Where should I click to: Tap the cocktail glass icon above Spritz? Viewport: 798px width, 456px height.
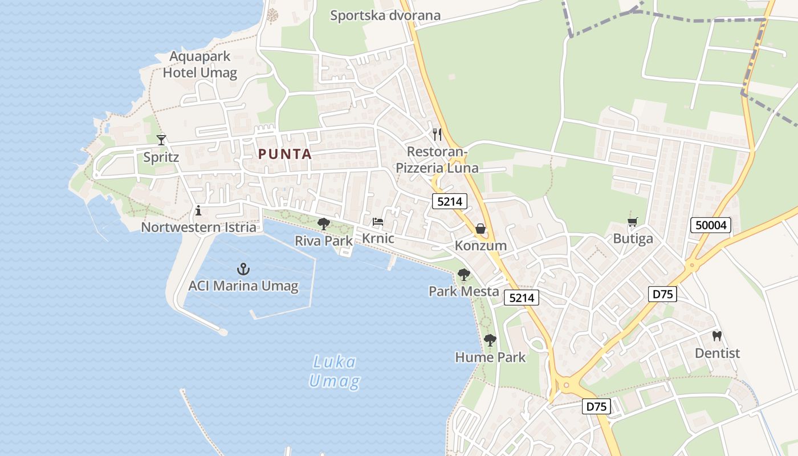pyautogui.click(x=161, y=140)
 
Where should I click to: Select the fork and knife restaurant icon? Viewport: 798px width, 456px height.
pyautogui.click(x=437, y=135)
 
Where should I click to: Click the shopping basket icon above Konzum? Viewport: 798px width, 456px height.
pyautogui.click(x=481, y=229)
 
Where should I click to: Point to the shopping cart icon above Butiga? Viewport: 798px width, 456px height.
pyautogui.click(x=632, y=222)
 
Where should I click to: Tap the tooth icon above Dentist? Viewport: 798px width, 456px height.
pyautogui.click(x=717, y=336)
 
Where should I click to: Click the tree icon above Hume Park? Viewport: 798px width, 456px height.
pyautogui.click(x=490, y=340)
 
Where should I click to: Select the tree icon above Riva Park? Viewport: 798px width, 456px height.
pyautogui.click(x=324, y=223)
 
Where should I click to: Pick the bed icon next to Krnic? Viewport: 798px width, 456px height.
pyautogui.click(x=377, y=222)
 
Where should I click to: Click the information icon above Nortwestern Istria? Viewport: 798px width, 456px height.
pyautogui.click(x=198, y=210)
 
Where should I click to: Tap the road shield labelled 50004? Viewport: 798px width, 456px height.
pyautogui.click(x=711, y=225)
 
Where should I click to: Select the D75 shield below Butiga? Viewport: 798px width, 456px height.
pyautogui.click(x=663, y=294)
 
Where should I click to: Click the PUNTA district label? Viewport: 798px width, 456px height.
pyautogui.click(x=285, y=154)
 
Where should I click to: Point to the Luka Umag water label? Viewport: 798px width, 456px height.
pyautogui.click(x=334, y=371)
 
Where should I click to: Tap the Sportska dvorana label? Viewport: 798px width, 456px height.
pyautogui.click(x=385, y=15)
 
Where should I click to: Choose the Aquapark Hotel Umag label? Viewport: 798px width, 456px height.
pyautogui.click(x=199, y=64)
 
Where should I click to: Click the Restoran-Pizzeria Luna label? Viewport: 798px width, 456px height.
pyautogui.click(x=437, y=160)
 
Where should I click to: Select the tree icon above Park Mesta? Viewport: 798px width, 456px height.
pyautogui.click(x=464, y=275)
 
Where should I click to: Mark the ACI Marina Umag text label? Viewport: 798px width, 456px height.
pyautogui.click(x=243, y=286)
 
